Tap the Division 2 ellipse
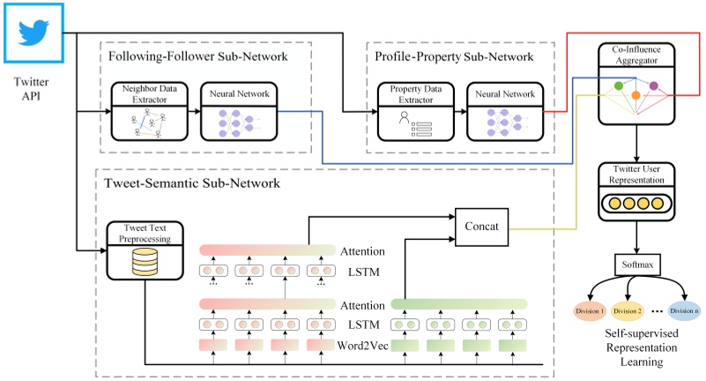[628, 310]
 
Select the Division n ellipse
[684, 310]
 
